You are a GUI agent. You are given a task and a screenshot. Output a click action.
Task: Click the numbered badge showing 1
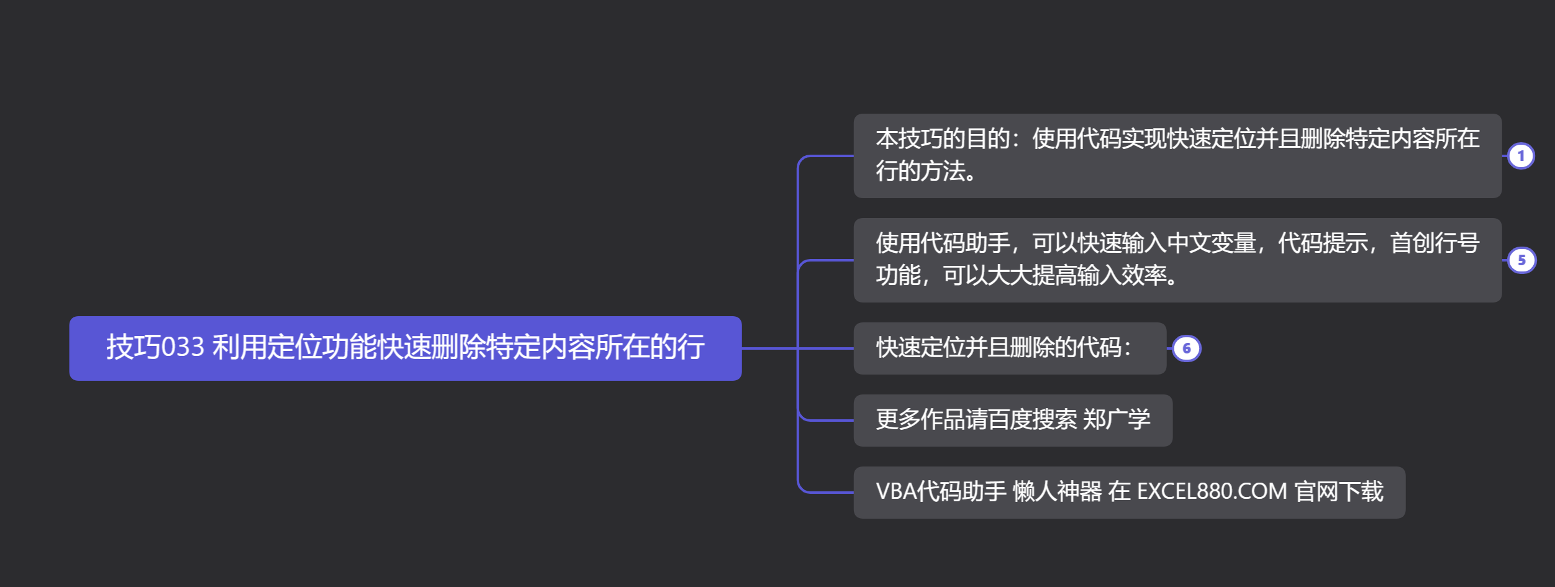1521,156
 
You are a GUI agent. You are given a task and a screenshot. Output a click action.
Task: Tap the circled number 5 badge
1521,260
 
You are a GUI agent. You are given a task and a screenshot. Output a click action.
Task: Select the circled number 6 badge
1187,348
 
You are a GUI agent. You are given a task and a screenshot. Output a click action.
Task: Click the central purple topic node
405,348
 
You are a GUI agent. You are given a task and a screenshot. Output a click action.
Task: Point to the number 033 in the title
183,347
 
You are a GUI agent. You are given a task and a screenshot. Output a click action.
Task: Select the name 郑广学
1117,420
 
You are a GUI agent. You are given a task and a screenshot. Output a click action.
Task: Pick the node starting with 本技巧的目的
1177,155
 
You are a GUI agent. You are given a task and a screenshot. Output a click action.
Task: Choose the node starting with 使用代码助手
1177,260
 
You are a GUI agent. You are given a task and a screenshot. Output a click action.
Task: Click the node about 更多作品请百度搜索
1012,420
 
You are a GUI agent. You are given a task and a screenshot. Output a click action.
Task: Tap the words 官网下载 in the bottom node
1339,492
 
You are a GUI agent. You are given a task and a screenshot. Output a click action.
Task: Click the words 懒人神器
1057,492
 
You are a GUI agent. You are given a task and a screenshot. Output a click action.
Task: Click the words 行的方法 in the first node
920,171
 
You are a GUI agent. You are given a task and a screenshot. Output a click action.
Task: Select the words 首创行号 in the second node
1435,243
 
